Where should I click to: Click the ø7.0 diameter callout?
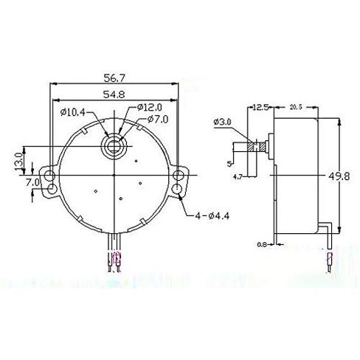pos(158,120)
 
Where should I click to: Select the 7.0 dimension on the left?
pos(32,181)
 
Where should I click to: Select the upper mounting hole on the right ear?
pos(179,175)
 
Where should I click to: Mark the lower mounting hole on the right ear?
pos(179,192)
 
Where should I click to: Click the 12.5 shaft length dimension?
pos(259,108)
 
